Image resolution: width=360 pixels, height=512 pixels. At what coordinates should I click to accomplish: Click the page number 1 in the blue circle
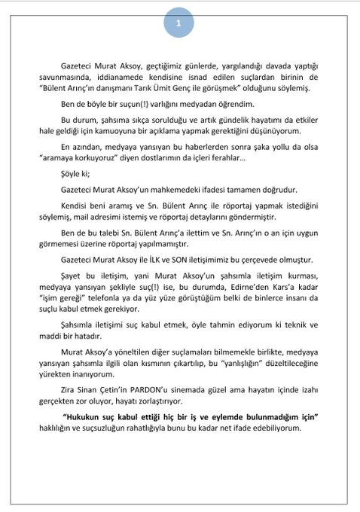point(179,23)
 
